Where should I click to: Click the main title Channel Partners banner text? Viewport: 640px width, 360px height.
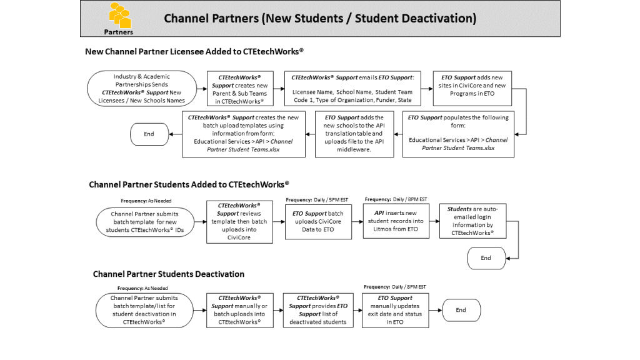(x=320, y=19)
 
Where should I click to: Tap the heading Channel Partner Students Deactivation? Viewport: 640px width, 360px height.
(x=169, y=274)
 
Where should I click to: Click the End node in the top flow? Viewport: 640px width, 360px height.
(x=149, y=134)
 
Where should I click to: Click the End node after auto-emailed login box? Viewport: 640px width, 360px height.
(x=486, y=257)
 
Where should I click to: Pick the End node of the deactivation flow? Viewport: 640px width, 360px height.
(x=461, y=310)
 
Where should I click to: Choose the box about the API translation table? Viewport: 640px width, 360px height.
(x=354, y=134)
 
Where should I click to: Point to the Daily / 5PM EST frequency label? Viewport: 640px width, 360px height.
(x=317, y=199)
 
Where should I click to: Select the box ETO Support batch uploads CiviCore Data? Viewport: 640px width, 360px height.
(x=318, y=221)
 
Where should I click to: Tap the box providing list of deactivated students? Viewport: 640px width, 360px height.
(x=318, y=310)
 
